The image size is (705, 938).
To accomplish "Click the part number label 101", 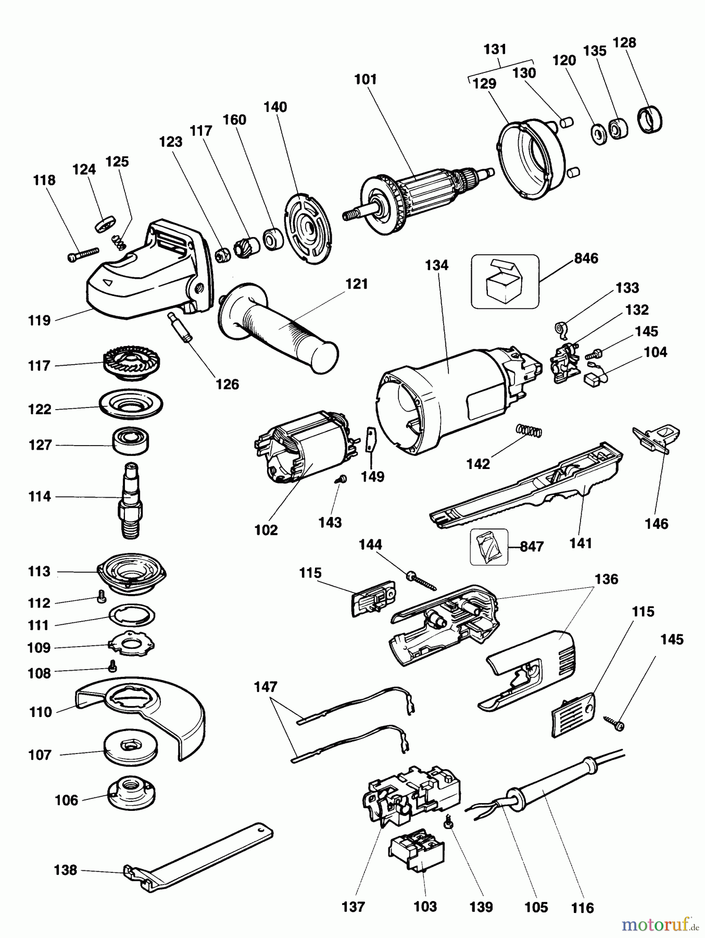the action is (366, 79).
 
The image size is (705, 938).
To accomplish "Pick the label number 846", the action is (586, 258).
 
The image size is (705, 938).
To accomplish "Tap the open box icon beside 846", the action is (505, 281).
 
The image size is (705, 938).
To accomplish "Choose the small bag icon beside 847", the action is (488, 546).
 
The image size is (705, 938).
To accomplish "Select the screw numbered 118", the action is (83, 254).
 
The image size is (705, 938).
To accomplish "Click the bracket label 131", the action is (495, 49).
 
